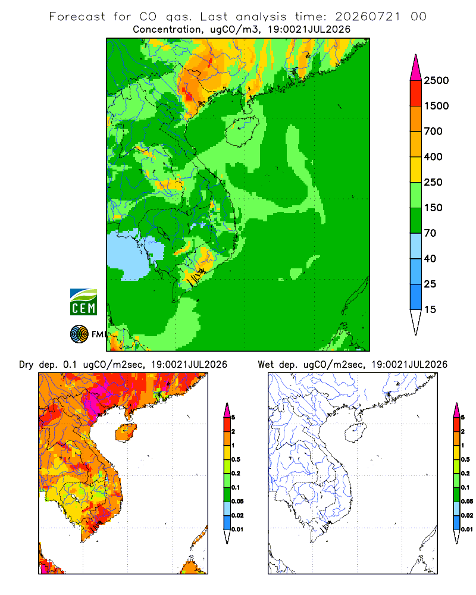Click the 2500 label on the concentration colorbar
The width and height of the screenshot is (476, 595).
click(x=436, y=80)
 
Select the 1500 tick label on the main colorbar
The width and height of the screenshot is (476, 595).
click(x=436, y=106)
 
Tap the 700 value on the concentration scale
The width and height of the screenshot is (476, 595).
click(x=433, y=131)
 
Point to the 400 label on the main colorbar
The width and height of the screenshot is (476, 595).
click(x=433, y=156)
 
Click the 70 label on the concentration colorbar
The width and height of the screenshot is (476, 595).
click(x=430, y=233)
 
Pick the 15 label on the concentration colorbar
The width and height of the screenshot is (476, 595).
click(x=430, y=309)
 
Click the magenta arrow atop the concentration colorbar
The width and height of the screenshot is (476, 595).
click(x=416, y=68)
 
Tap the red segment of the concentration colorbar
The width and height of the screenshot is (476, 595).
click(x=416, y=93)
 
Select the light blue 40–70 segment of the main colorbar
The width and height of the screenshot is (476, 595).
click(x=416, y=246)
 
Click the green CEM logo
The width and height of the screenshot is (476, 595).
click(x=83, y=302)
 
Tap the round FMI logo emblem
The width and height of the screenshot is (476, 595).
click(x=79, y=334)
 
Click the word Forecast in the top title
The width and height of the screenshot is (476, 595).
click(x=77, y=17)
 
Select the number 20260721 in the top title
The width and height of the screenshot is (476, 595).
click(x=368, y=17)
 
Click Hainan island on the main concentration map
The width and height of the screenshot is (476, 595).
click(x=242, y=131)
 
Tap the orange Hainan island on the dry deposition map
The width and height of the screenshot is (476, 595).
click(x=126, y=433)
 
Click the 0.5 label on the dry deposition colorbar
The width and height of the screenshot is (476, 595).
click(x=236, y=459)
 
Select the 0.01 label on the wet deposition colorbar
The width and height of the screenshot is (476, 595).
click(x=467, y=530)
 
